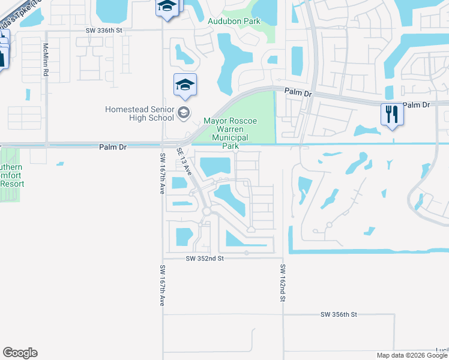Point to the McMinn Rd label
46,58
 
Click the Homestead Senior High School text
139,113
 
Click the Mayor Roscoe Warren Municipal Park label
230,133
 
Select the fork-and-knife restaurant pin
391,114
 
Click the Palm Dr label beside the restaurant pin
417,105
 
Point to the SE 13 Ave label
184,161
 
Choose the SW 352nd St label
204,258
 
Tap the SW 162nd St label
282,284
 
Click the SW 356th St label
339,314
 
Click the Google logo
20,353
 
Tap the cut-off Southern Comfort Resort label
11,175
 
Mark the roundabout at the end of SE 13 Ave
207,212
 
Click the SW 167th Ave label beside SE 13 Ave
162,173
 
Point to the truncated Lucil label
442,350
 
